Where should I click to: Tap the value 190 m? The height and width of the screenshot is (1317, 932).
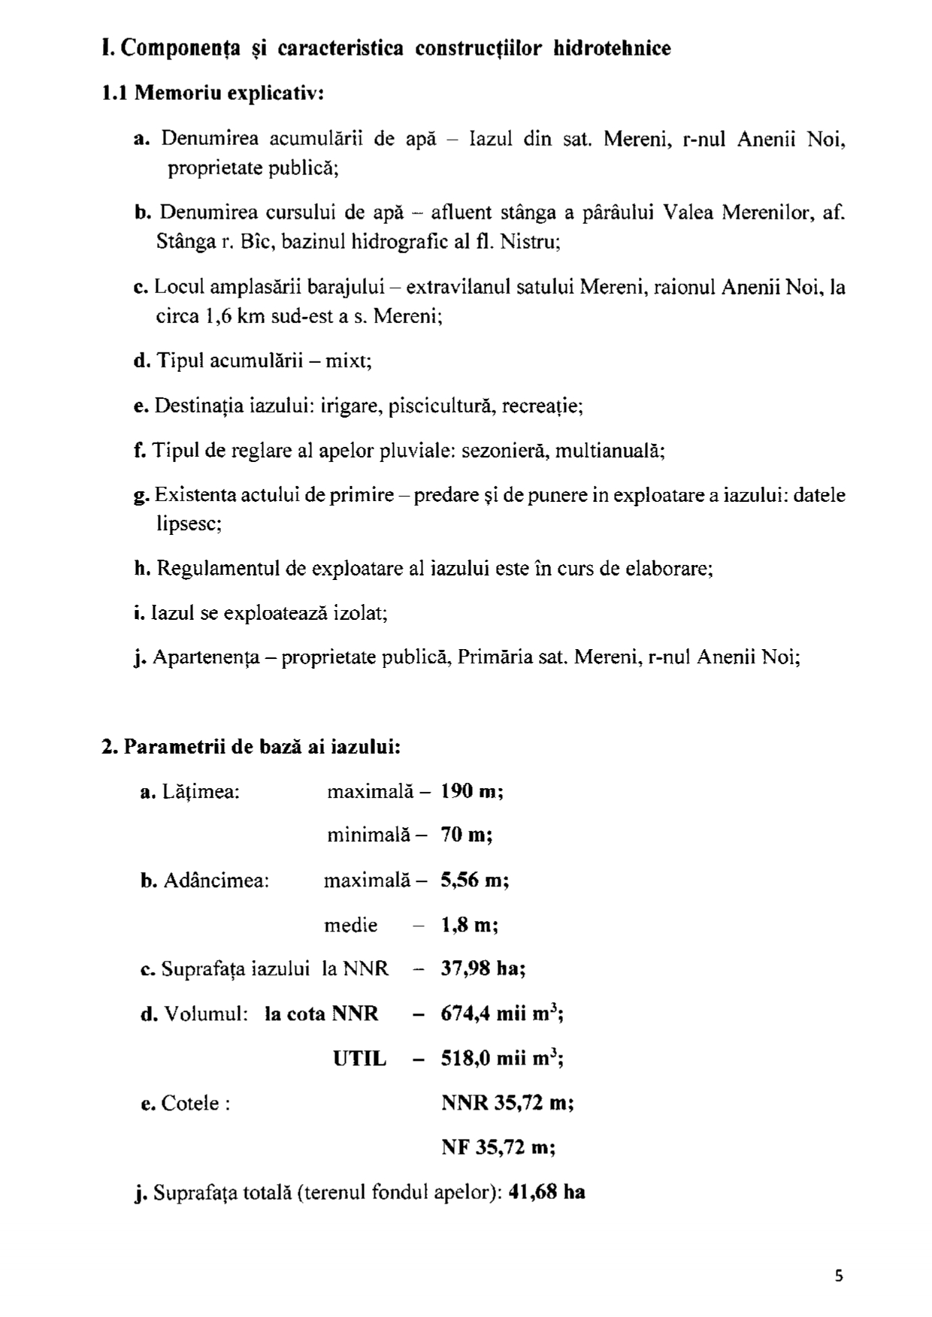(x=472, y=791)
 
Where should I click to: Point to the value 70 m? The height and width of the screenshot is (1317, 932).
(x=466, y=835)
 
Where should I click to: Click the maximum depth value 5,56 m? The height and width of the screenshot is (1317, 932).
(x=475, y=880)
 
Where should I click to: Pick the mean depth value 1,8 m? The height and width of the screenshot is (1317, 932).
(x=470, y=925)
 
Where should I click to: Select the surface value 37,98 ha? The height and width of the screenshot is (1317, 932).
(x=483, y=969)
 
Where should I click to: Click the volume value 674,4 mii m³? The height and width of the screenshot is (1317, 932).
(x=502, y=1014)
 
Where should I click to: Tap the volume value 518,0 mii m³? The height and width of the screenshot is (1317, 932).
(x=502, y=1059)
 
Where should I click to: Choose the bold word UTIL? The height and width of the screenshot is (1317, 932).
(x=359, y=1059)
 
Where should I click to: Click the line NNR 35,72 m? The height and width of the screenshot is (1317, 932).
(x=507, y=1104)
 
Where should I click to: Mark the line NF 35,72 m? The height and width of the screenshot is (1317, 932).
(x=498, y=1148)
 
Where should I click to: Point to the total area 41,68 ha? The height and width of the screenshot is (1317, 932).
(x=546, y=1192)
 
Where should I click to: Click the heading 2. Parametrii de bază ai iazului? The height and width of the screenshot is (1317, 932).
(x=251, y=747)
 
